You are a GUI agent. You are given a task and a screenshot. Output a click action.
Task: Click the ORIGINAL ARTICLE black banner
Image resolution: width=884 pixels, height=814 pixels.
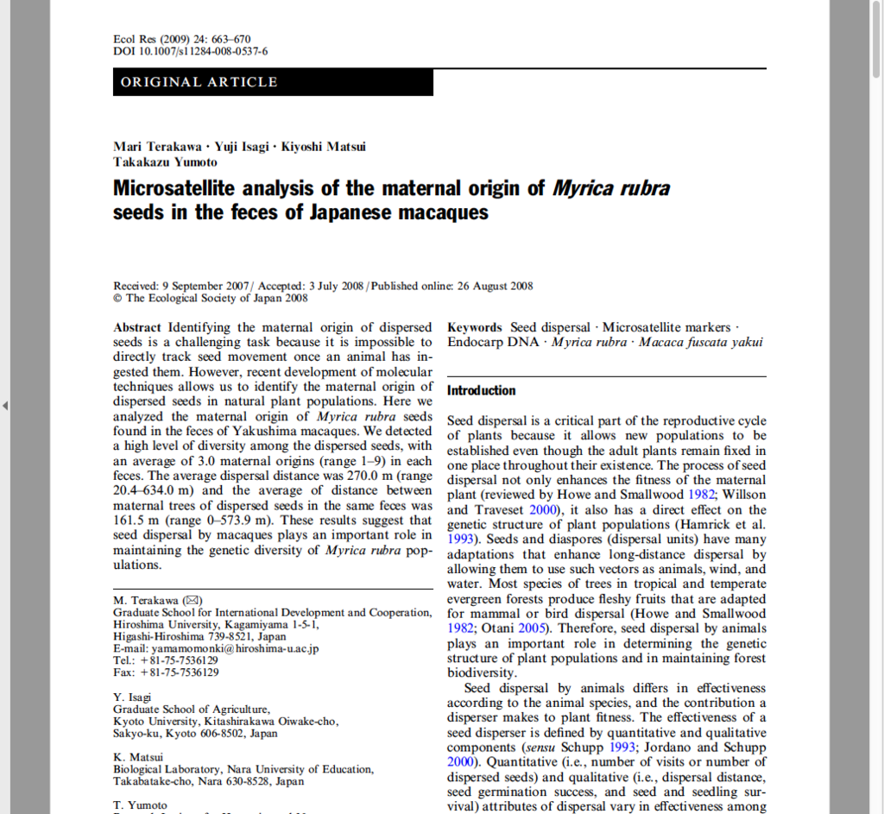click(273, 82)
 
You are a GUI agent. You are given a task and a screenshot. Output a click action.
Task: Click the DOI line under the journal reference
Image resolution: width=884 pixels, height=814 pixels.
click(190, 52)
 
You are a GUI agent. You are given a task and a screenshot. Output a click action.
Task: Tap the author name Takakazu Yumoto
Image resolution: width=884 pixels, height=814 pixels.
click(165, 161)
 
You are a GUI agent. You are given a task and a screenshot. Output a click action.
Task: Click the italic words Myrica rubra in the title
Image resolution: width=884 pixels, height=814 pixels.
click(610, 188)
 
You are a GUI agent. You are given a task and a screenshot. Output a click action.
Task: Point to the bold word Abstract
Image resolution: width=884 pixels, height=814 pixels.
click(136, 328)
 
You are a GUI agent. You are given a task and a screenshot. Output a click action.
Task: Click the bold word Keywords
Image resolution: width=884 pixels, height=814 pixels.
click(474, 328)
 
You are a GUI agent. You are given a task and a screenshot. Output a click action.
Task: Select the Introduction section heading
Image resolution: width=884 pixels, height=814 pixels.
click(481, 391)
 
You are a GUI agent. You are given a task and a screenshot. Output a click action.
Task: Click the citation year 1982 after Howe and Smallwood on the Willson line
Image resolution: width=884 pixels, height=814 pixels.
click(702, 495)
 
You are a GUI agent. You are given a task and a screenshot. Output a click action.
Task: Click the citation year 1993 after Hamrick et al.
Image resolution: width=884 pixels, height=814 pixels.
click(462, 540)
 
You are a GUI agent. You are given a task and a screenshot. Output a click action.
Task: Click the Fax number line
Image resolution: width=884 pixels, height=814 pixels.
click(166, 672)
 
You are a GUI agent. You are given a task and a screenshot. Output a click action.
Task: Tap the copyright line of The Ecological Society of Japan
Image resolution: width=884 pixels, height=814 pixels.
click(211, 299)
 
